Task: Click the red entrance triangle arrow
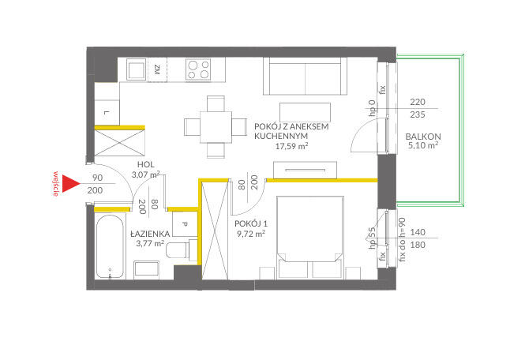[x=69, y=184]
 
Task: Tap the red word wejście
[x=56, y=184]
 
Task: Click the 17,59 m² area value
[x=292, y=146]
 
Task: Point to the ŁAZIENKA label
[x=150, y=234]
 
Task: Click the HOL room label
[x=146, y=164]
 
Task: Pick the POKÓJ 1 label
[x=251, y=223]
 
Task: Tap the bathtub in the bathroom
[x=111, y=246]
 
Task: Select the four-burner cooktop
[x=198, y=69]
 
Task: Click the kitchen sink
[x=136, y=69]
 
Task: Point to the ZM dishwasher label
[x=157, y=69]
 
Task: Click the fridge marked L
[x=107, y=112]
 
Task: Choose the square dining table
[x=216, y=127]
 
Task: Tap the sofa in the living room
[x=305, y=76]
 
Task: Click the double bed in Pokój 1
[x=310, y=238]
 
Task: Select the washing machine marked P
[x=185, y=223]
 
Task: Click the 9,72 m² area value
[x=251, y=234]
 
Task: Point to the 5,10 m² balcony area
[x=423, y=145]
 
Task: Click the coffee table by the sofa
[x=305, y=113]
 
